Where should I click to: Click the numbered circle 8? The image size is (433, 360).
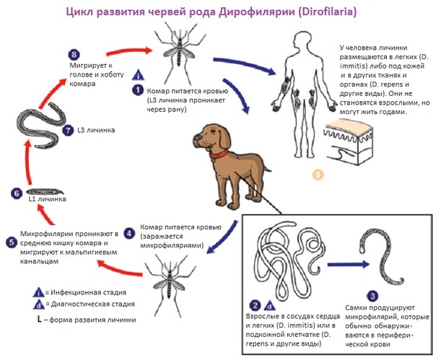point(74,54)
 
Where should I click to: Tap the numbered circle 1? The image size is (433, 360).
point(138,90)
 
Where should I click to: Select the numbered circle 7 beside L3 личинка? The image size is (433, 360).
point(68,130)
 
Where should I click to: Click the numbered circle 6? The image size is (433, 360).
point(17,193)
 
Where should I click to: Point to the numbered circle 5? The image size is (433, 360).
point(12,242)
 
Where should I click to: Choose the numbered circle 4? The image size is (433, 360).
point(129,234)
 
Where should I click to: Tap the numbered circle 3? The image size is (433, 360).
point(372,297)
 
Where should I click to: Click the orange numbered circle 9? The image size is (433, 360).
point(318,175)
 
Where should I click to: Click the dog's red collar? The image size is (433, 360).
point(219,154)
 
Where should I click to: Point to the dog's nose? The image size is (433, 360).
point(196,137)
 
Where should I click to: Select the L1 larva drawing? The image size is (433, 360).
point(45,191)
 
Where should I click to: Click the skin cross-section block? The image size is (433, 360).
point(349,141)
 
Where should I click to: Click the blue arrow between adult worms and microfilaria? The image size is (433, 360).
point(349,265)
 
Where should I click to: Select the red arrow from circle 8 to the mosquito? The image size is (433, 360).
point(129,51)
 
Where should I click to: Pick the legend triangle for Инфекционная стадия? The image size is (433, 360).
point(39,292)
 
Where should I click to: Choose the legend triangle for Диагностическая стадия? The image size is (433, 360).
point(39,304)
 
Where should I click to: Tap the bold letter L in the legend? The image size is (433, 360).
point(40,320)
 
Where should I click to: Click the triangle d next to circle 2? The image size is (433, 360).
point(269,305)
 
